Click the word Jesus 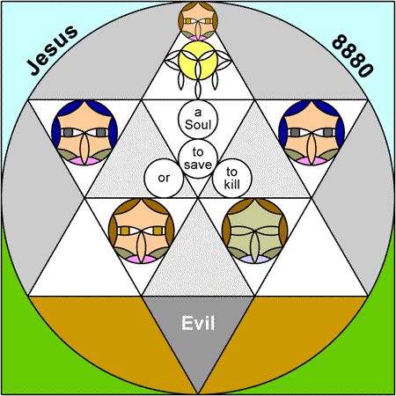53,50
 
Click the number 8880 353,55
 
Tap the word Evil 198,323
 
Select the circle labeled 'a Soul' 198,119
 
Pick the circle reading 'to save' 198,158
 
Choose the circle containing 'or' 164,179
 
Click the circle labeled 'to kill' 232,179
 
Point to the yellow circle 198,61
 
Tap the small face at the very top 198,21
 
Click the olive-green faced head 254,231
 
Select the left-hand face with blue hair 84,133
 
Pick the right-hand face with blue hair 312,133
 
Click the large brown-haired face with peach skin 142,231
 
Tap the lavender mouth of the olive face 254,260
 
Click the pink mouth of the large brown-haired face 142,260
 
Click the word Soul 198,125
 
